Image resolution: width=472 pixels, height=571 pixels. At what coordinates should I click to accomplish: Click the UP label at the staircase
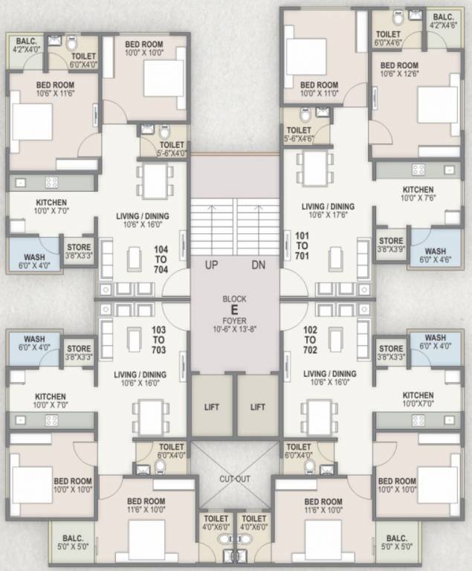point(211,265)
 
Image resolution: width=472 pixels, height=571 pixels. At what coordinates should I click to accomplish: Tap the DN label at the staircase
point(257,265)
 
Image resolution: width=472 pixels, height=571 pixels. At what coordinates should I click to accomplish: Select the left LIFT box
point(213,407)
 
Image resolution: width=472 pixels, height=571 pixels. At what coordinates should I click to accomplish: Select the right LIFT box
point(257,407)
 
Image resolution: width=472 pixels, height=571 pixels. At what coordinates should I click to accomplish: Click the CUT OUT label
point(234,478)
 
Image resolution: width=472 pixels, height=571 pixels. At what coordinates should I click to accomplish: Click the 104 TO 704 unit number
point(160,259)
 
